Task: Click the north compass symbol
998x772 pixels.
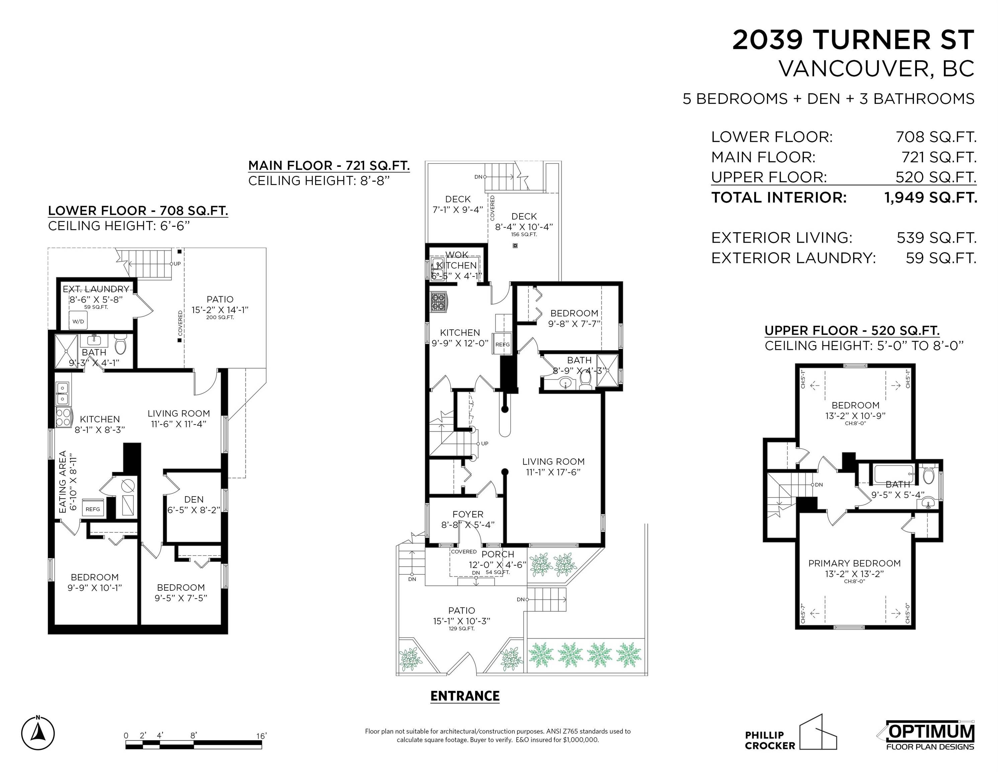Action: (38, 733)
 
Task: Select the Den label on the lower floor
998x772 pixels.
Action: (194, 500)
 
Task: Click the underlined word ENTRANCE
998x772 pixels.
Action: (465, 696)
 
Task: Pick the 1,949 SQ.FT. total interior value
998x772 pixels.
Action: (931, 198)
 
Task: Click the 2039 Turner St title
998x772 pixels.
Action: (853, 40)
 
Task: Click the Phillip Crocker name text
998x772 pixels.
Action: (770, 740)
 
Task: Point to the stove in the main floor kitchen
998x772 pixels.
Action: (438, 302)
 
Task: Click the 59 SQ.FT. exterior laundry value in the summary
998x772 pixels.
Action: (941, 258)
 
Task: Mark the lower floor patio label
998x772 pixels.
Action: (220, 299)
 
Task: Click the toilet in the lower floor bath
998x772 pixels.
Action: (120, 346)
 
